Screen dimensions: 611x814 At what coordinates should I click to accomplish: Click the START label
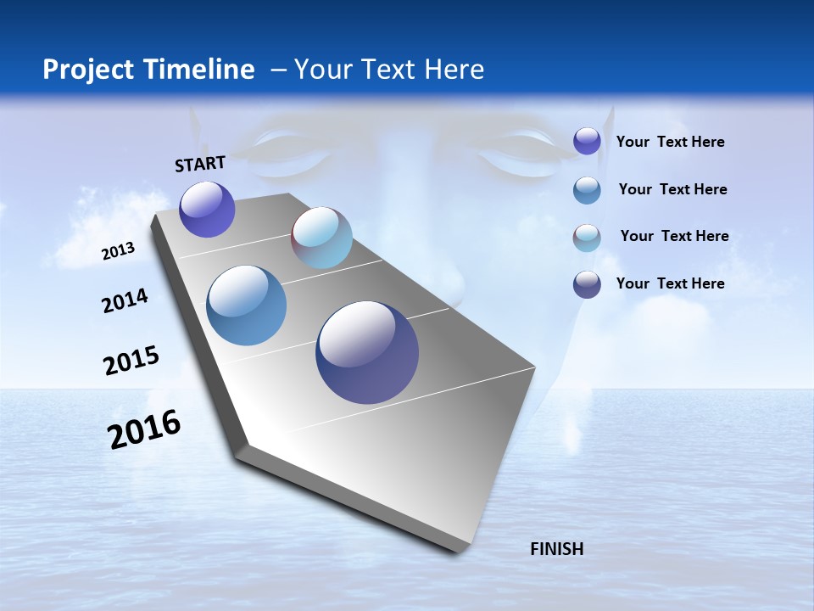(x=200, y=164)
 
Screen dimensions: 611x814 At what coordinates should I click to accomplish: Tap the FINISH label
(x=556, y=549)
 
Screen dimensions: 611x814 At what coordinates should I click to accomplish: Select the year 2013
(x=118, y=251)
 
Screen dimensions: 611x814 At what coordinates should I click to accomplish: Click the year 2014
(x=125, y=300)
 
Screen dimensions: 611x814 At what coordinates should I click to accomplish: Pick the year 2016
(x=144, y=429)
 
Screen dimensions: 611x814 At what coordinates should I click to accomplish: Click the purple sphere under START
(x=207, y=210)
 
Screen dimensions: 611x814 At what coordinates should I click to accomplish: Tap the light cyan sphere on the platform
(x=321, y=238)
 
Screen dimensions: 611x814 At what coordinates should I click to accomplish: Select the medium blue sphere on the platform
(x=247, y=305)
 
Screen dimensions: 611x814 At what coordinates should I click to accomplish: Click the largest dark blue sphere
(x=367, y=352)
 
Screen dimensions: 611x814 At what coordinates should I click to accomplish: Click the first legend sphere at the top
(x=587, y=141)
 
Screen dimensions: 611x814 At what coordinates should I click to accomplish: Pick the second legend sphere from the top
(x=587, y=190)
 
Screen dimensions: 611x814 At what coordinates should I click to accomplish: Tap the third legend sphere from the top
(x=587, y=238)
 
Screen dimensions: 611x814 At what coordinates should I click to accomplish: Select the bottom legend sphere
(x=587, y=284)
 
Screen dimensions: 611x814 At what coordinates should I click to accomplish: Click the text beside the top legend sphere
(x=670, y=142)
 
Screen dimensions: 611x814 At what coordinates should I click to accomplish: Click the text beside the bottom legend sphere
(x=670, y=283)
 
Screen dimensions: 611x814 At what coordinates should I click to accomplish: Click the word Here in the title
(x=454, y=70)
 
